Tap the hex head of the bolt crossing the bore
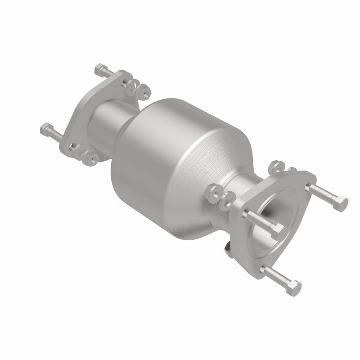click(278, 228)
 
